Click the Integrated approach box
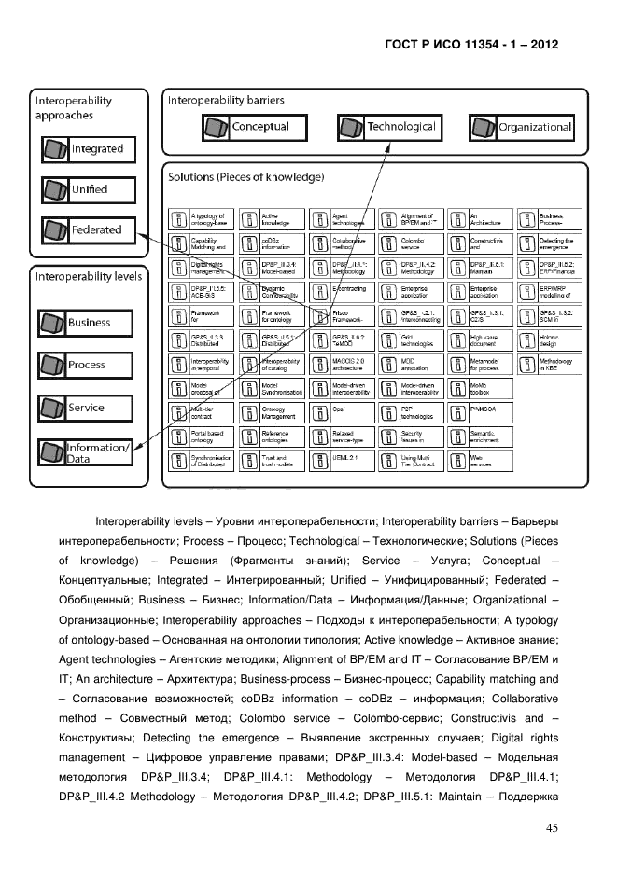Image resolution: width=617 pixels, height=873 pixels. [x=85, y=149]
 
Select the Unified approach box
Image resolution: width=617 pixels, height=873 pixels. [x=85, y=189]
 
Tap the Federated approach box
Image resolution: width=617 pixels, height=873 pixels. [x=85, y=229]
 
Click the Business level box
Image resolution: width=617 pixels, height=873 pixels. [x=85, y=323]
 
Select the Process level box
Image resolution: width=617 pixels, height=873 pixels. [x=85, y=366]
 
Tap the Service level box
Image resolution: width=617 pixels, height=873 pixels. [x=85, y=409]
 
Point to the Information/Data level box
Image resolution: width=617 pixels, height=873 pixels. [x=85, y=453]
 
